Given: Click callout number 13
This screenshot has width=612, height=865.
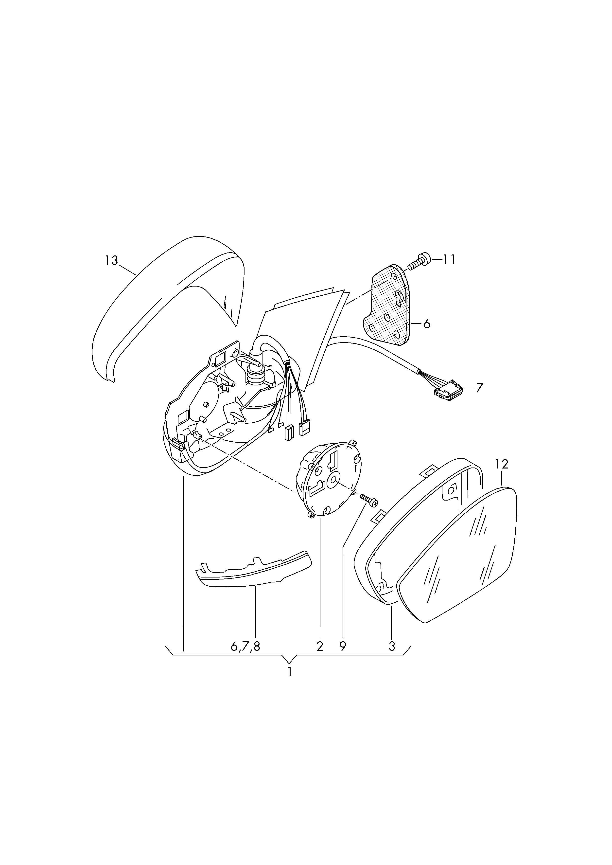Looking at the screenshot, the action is click(x=112, y=260).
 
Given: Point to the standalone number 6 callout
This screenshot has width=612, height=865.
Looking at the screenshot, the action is click(x=427, y=324).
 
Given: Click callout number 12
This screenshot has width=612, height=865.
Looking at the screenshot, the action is click(x=502, y=464).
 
